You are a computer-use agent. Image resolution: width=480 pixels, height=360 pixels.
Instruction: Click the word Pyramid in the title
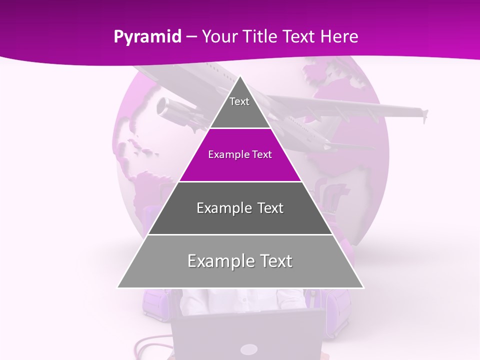coord(147,37)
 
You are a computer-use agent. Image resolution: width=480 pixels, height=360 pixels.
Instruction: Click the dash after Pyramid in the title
coord(191,37)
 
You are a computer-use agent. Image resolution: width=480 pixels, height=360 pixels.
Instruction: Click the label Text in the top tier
coord(239,101)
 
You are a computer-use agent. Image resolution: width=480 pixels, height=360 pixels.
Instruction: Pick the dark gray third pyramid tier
coord(240,220)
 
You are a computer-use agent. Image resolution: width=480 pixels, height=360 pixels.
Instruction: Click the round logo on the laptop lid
coord(248,349)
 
